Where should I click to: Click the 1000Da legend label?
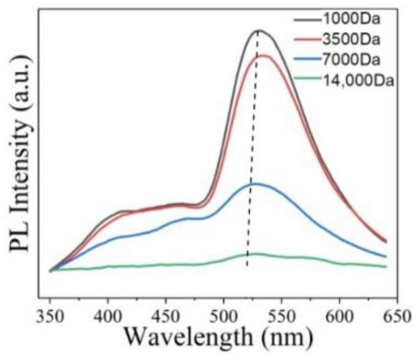tap(351, 19)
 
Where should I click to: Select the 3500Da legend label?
tap(351, 40)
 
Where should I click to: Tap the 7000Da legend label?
tap(351, 60)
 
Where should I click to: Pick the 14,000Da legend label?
tap(358, 81)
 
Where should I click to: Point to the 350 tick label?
tap(50, 316)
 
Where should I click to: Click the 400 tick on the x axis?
tap(108, 316)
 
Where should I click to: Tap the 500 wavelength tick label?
tap(224, 316)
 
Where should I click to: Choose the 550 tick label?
tap(282, 316)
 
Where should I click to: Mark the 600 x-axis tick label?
tap(340, 316)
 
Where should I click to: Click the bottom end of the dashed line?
tap(247, 266)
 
